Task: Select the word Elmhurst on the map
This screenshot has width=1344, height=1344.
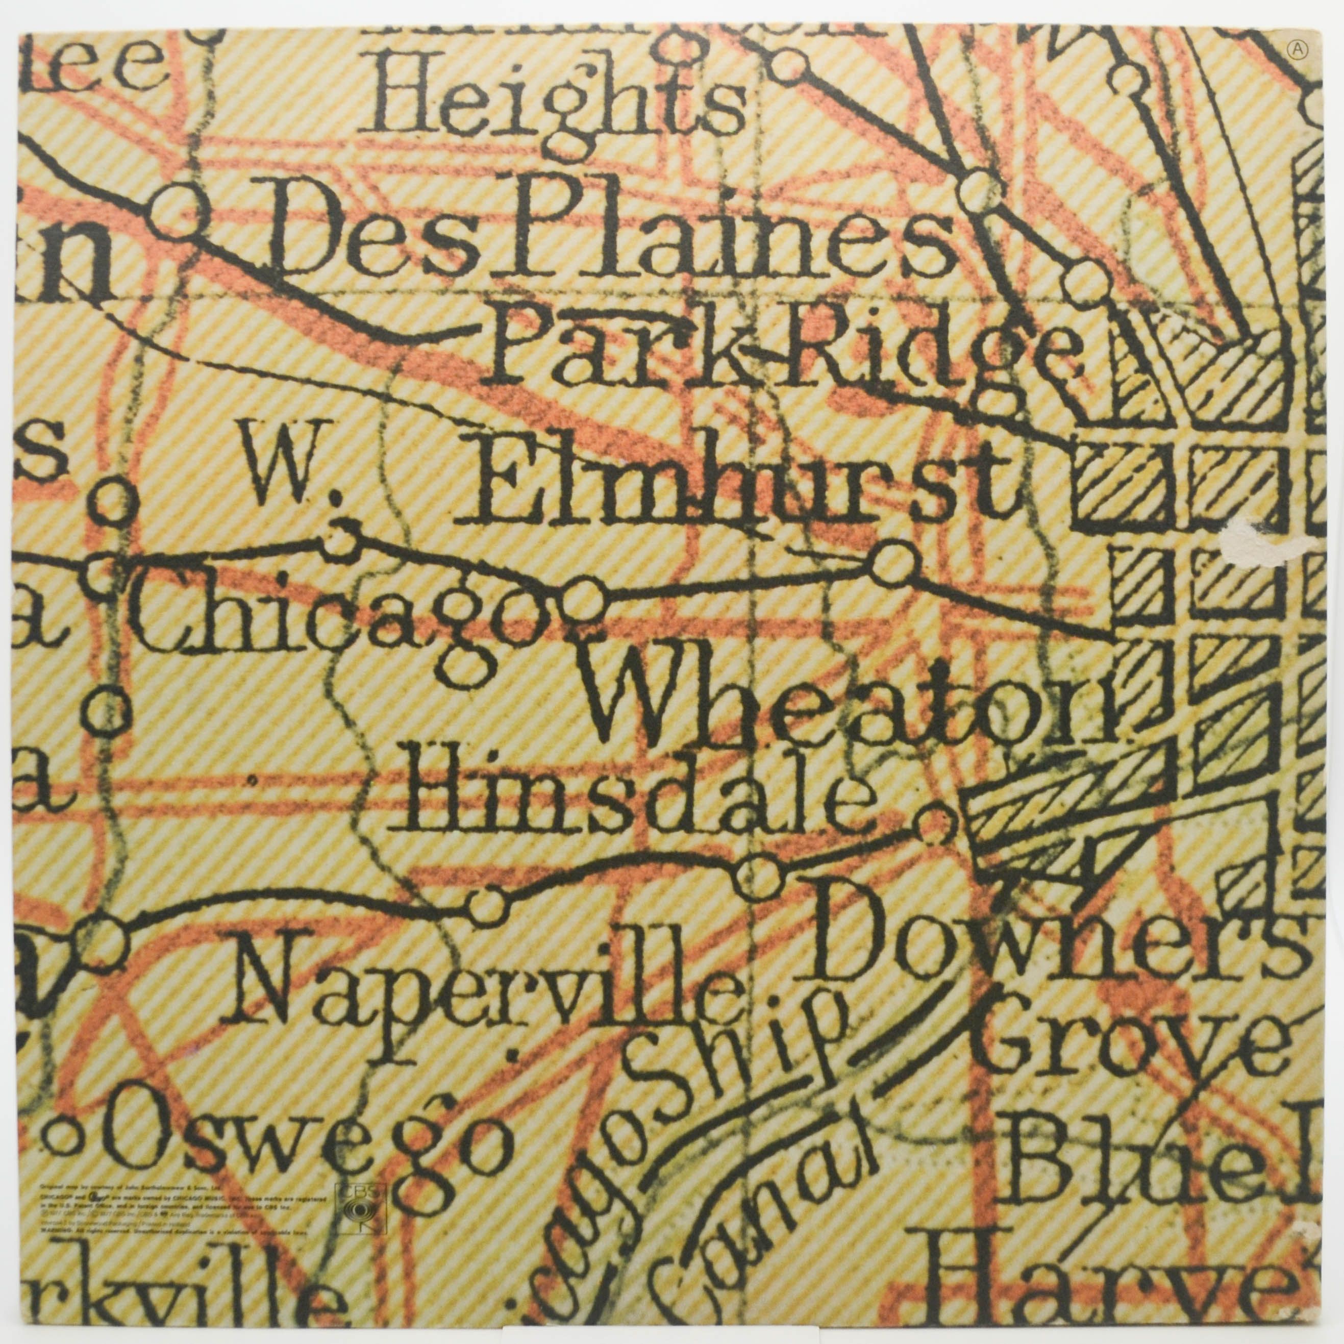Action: click(x=737, y=480)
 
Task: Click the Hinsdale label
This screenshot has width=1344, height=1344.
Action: click(x=630, y=797)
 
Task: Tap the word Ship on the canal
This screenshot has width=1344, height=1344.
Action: click(x=703, y=1064)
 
